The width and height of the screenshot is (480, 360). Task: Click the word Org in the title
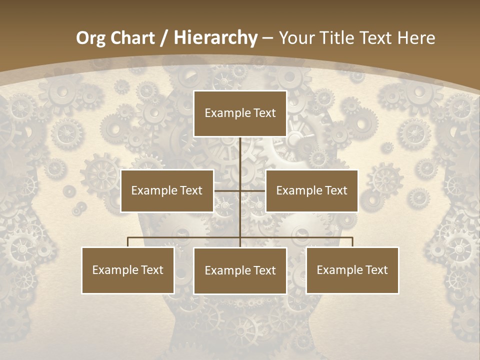coord(90,38)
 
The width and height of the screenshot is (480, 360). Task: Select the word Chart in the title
coord(131,38)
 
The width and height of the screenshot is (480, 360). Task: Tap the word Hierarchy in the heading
coord(215,38)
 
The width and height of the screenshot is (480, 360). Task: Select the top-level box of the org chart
coord(240,113)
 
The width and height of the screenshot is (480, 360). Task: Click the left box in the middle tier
coord(167,190)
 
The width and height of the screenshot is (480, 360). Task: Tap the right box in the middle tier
coord(311,190)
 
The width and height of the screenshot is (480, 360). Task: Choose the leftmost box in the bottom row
coord(128,270)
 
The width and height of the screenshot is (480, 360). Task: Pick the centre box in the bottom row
coord(240,270)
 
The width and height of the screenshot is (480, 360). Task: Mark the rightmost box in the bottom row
coord(352,270)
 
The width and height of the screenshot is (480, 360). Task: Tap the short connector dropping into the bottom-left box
coord(128,242)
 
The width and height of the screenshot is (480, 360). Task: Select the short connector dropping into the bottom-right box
coord(352,242)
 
